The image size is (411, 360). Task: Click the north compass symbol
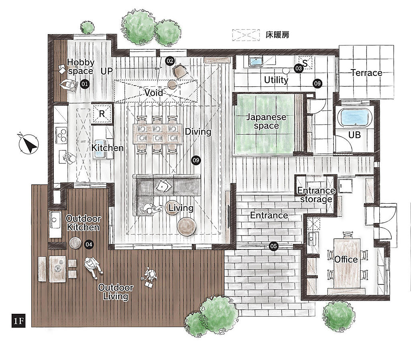tap(28, 143)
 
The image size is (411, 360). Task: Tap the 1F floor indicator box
tap(18, 320)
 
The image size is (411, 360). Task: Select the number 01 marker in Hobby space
tap(84, 84)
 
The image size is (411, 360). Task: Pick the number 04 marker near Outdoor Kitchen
tap(89, 245)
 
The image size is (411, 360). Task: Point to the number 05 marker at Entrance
tap(273, 246)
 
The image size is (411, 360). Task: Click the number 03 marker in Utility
tap(299, 68)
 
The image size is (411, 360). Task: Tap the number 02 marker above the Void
tap(170, 61)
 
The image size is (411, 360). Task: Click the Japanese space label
tap(267, 121)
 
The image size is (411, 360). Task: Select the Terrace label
tap(366, 73)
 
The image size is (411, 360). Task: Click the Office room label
tap(346, 260)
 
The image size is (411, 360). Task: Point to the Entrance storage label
tap(316, 195)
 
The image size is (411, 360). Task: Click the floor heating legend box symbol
tap(246, 35)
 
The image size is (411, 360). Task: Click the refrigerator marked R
tap(102, 114)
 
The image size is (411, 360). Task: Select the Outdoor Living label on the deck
tap(116, 292)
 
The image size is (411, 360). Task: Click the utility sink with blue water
tap(255, 61)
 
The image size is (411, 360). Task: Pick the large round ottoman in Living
tap(187, 226)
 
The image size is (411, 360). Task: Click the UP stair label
tap(107, 71)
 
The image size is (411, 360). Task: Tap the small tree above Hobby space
tap(87, 27)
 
